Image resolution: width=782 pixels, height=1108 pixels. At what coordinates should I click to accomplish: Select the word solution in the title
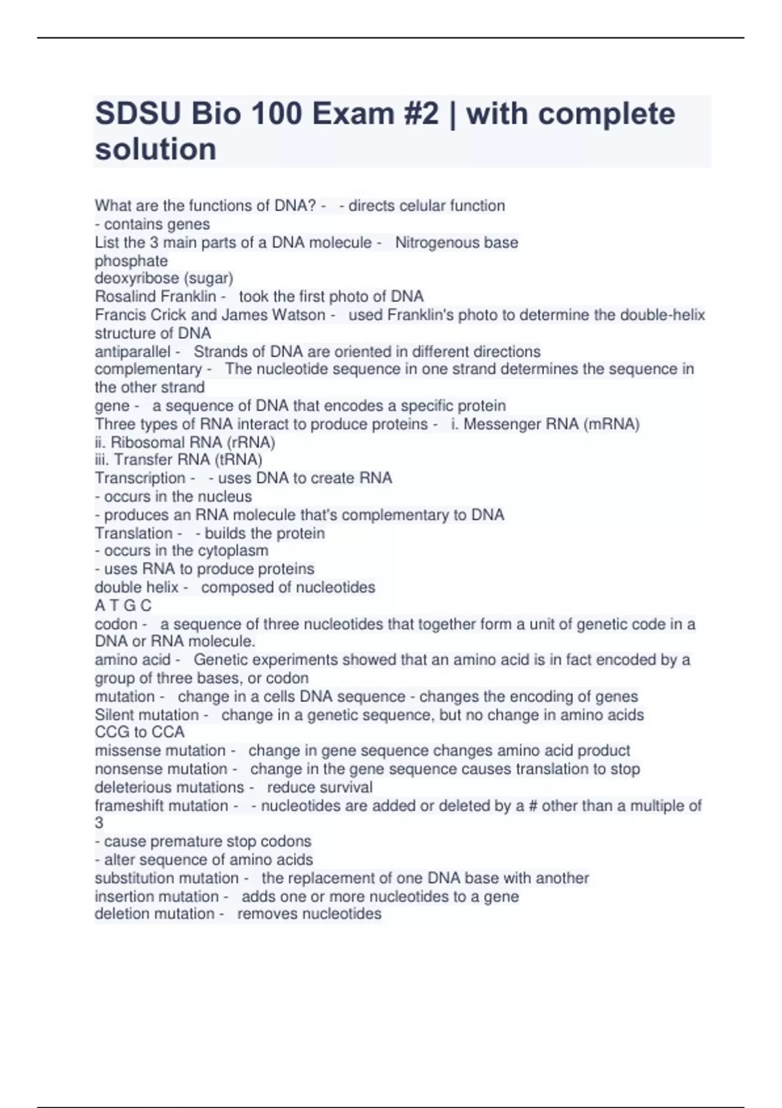[156, 149]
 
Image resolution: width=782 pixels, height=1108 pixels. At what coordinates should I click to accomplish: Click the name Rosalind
[123, 297]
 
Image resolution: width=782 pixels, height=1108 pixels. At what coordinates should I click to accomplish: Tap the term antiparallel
[132, 351]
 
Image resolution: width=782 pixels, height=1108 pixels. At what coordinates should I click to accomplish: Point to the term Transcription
[140, 478]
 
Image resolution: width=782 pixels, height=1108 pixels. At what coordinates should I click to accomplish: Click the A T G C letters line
[123, 605]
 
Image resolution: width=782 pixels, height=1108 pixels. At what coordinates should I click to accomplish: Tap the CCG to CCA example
[139, 732]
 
